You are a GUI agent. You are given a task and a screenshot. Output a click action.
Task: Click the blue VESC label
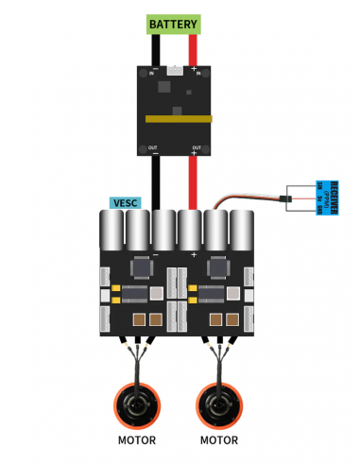click(x=124, y=202)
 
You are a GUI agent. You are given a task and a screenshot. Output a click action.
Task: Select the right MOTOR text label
click(x=220, y=440)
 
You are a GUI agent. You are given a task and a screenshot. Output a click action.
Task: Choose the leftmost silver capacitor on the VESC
click(x=111, y=232)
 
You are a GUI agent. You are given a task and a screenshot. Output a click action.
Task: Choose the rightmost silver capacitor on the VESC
click(x=244, y=232)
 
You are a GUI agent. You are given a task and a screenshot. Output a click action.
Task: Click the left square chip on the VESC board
click(x=143, y=269)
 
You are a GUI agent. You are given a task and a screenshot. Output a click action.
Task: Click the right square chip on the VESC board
click(x=218, y=269)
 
